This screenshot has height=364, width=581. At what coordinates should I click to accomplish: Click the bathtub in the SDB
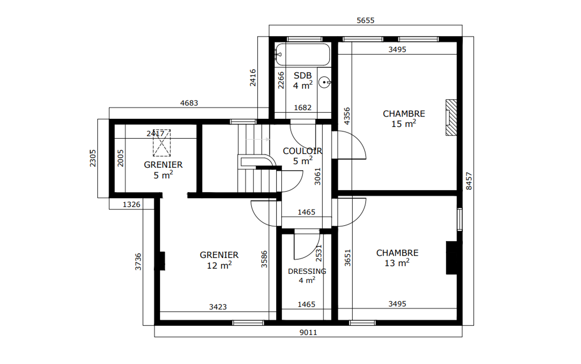[303, 54]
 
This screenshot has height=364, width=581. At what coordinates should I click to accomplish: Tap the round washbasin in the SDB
[324, 82]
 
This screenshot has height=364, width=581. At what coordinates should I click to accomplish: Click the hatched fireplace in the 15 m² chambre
[451, 117]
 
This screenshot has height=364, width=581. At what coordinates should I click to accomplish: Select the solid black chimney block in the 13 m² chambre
[451, 258]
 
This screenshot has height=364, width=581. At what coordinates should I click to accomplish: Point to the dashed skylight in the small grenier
[161, 143]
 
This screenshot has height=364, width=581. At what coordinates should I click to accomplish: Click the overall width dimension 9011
[308, 332]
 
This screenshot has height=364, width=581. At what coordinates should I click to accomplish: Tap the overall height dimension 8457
[469, 181]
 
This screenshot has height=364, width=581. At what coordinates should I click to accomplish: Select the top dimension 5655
[366, 21]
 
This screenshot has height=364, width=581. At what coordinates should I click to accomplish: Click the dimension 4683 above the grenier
[189, 103]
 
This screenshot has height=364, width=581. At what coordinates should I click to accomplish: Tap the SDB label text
[303, 76]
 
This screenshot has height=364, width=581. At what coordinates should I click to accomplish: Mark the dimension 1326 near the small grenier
[131, 204]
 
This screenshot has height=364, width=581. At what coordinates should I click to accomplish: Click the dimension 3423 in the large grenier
[218, 307]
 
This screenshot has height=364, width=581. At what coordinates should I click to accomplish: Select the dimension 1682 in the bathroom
[303, 108]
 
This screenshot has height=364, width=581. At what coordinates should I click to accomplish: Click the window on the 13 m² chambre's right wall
[460, 219]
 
